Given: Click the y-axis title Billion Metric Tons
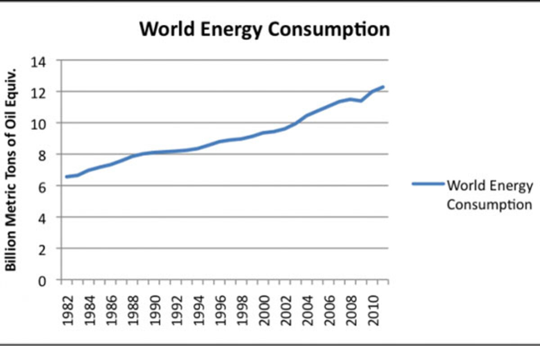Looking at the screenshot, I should pos(11,170).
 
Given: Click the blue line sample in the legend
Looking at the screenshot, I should pos(427,184).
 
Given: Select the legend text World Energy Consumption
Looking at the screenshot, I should pos(490,195).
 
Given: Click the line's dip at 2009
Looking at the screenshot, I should pos(361,101).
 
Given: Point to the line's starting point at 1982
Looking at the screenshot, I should pos(67,177).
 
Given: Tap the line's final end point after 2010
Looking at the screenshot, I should pos(383,86).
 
